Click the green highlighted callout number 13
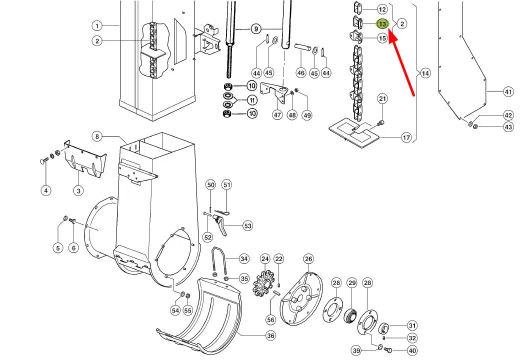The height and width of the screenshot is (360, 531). coord(382,24)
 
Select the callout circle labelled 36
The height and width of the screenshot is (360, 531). coord(270,335)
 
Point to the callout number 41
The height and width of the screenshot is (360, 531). coord(508,92)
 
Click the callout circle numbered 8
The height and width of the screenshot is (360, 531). coord(97,136)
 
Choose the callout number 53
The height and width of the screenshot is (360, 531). coord(248,226)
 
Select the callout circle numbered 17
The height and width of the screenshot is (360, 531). coord(406,138)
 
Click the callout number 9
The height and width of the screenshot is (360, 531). coord(256,29)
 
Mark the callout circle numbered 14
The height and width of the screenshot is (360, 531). coord(425,73)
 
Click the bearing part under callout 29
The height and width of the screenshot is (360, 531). coord(351,317)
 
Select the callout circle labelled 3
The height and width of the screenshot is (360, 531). coord(78,190)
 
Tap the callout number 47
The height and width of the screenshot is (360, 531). coord(277,115)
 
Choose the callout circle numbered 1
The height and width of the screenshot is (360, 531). coord(97,25)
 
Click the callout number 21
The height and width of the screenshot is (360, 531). coord(382,99)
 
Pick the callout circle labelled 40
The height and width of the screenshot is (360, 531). coord(412,350)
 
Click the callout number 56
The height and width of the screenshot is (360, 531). coord(270,319)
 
